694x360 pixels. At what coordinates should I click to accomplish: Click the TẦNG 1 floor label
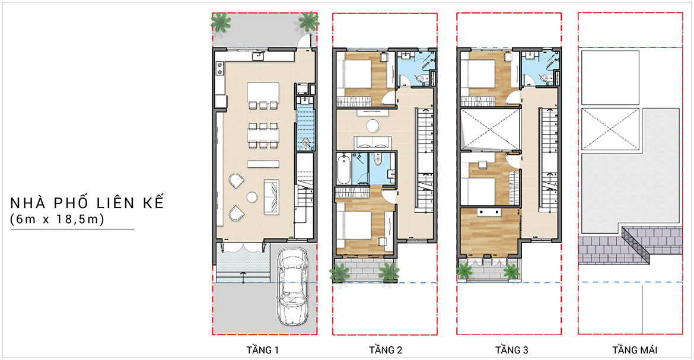[262, 351]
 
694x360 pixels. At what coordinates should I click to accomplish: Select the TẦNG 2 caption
[386, 351]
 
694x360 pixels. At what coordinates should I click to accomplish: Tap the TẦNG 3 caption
[512, 351]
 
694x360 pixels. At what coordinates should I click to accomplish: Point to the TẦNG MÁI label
[635, 351]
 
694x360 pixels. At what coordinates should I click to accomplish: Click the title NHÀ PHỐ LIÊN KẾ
[87, 203]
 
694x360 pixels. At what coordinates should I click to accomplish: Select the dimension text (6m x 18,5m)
[57, 219]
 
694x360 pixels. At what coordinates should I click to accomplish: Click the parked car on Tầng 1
[292, 286]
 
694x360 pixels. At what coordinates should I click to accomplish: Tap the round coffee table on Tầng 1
[252, 196]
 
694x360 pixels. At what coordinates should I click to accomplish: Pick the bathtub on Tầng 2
[344, 168]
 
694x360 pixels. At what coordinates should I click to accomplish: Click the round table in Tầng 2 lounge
[373, 126]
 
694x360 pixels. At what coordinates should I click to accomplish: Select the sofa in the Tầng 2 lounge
[373, 142]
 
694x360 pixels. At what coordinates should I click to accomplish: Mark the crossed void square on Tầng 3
[489, 130]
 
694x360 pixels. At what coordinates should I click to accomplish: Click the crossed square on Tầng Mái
[610, 129]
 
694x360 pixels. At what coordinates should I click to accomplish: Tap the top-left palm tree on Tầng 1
[221, 22]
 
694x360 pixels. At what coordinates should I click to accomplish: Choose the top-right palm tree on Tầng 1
[308, 21]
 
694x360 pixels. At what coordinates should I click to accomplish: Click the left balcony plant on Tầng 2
[339, 273]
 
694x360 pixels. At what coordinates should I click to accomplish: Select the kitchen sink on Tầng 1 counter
[258, 56]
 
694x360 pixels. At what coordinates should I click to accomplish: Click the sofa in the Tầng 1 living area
[271, 196]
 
